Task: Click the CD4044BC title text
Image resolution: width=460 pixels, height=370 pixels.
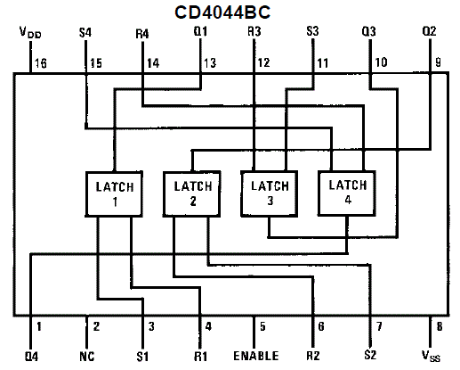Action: pyautogui.click(x=222, y=12)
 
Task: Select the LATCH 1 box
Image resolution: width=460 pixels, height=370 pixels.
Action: pyautogui.click(x=114, y=193)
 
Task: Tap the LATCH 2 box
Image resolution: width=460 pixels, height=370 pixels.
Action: pyautogui.click(x=192, y=193)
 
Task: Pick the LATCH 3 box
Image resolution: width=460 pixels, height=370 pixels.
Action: pyautogui.click(x=270, y=193)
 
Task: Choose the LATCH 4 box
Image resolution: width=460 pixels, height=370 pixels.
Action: pyautogui.click(x=347, y=193)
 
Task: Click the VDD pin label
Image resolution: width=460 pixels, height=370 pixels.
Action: pyautogui.click(x=30, y=32)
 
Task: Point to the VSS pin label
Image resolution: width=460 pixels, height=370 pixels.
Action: pyautogui.click(x=431, y=356)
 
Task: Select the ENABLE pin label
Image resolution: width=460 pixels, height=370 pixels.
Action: pyautogui.click(x=256, y=356)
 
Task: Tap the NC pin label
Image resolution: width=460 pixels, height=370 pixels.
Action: pyautogui.click(x=87, y=356)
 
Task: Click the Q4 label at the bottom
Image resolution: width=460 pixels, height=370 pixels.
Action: pyautogui.click(x=31, y=356)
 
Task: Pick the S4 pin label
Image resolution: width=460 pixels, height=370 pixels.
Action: pyautogui.click(x=85, y=32)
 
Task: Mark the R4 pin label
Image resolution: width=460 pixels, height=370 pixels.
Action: pyautogui.click(x=142, y=34)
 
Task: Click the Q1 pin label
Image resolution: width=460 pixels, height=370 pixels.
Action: pyautogui.click(x=200, y=31)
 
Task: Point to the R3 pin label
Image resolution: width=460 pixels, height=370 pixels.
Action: pyautogui.click(x=254, y=31)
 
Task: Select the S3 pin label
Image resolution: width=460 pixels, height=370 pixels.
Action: pyautogui.click(x=312, y=31)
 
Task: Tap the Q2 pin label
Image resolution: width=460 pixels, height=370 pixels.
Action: pyautogui.click(x=429, y=31)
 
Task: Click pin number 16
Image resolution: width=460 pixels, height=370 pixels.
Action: pyautogui.click(x=41, y=63)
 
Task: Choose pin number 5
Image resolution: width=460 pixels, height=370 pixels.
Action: pyautogui.click(x=262, y=326)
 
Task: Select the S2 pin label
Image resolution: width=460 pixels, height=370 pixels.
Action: pyautogui.click(x=370, y=355)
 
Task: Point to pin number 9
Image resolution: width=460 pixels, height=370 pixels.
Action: pyautogui.click(x=438, y=62)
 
